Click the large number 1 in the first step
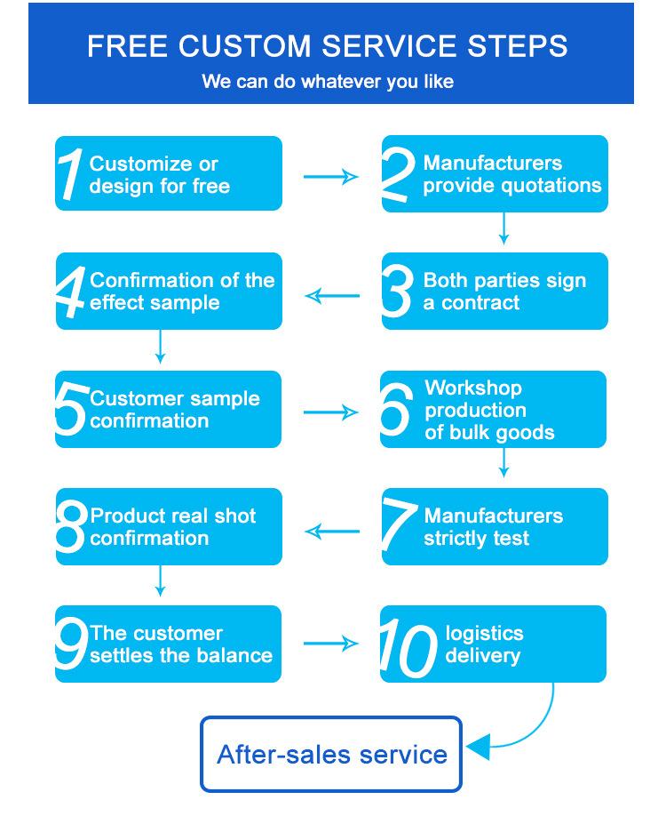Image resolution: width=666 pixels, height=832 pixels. [x=71, y=173]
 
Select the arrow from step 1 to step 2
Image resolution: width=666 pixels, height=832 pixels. [x=330, y=177]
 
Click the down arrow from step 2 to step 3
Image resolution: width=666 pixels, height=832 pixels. [x=503, y=229]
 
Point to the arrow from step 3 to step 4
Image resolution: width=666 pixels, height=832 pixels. [x=332, y=295]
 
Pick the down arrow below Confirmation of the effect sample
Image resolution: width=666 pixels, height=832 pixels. [x=160, y=347]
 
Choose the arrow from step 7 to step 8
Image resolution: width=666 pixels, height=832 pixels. [x=332, y=532]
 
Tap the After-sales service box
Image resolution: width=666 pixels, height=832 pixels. [x=331, y=754]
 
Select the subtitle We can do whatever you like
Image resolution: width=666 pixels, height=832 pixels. [x=328, y=82]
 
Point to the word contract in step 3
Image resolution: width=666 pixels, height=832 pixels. [x=480, y=302]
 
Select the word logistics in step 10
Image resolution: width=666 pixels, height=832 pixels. [x=484, y=634]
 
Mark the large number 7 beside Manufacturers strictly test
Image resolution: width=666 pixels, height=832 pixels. [x=398, y=525]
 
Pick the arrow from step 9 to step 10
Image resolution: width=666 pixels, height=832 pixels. [x=330, y=644]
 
